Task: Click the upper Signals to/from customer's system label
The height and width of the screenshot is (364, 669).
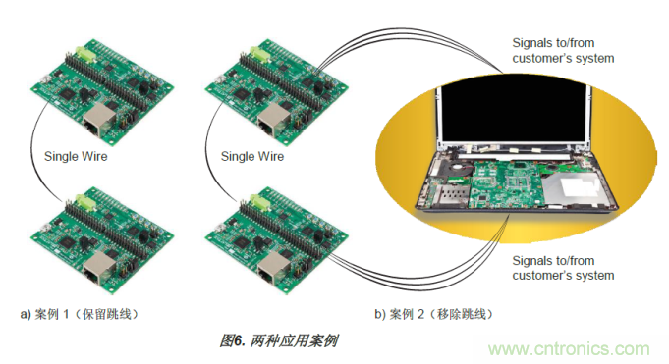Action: click(563, 50)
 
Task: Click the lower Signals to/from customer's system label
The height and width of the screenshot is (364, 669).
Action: click(563, 268)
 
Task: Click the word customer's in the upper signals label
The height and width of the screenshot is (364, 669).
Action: click(545, 58)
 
